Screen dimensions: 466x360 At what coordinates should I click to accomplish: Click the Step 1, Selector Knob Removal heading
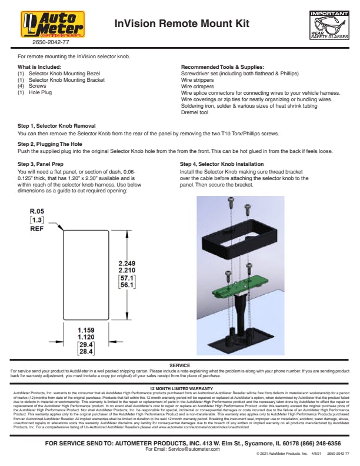[x=56, y=126]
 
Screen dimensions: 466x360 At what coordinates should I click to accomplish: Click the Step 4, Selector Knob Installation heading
[x=222, y=164]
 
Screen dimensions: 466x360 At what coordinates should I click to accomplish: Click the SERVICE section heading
[x=180, y=365]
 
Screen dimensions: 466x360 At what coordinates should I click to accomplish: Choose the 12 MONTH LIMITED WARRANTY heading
[x=180, y=389]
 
